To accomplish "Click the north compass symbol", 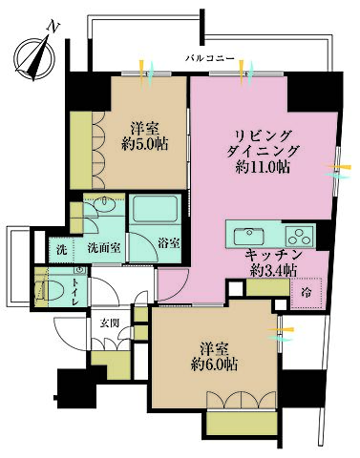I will (x=37, y=54).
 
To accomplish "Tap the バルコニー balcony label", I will (x=211, y=59).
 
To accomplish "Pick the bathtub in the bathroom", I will (x=152, y=212).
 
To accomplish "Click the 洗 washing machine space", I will (x=59, y=249).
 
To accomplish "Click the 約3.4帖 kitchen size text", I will (x=273, y=271).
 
